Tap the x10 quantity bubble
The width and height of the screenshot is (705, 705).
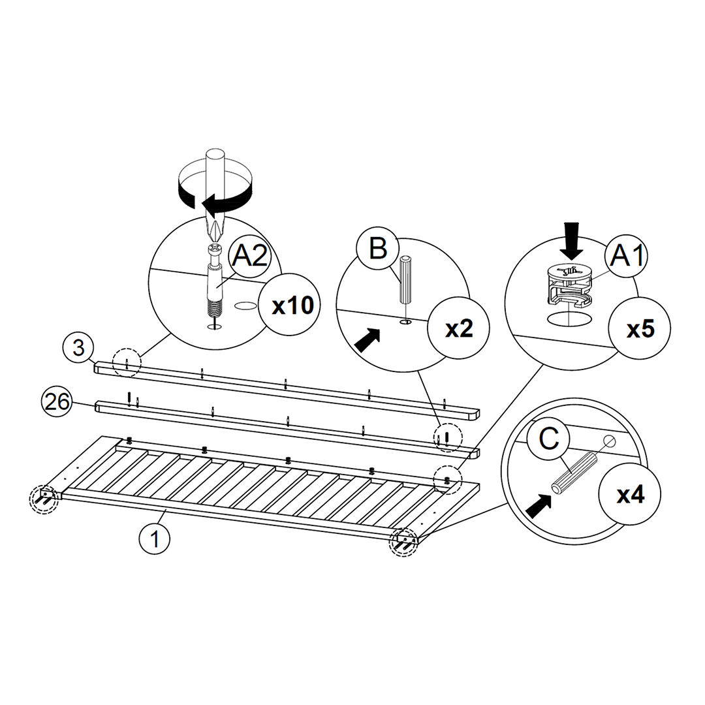click(292, 305)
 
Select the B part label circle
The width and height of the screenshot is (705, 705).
click(378, 249)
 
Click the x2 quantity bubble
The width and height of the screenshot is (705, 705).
click(458, 329)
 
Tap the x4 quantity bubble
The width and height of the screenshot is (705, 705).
click(631, 495)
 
